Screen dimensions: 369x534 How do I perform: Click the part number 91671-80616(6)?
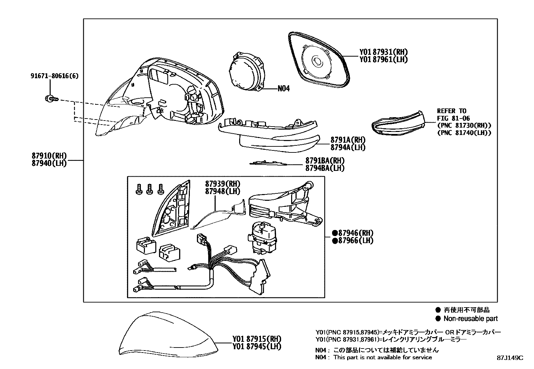(54, 76)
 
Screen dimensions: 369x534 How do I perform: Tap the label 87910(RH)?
(49, 156)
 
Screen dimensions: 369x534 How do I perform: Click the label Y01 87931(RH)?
(383, 52)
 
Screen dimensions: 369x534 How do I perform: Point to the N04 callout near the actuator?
(283, 89)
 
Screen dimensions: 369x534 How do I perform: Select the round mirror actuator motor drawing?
(246, 72)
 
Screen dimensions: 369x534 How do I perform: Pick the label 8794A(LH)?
(348, 147)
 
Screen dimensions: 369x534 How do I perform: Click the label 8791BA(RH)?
(325, 160)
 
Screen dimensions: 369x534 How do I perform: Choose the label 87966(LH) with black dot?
(353, 240)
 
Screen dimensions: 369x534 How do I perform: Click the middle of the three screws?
(150, 189)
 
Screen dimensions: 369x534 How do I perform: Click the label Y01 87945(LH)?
(257, 347)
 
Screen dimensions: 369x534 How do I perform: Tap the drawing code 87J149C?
(510, 358)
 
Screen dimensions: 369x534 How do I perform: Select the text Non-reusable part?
(470, 319)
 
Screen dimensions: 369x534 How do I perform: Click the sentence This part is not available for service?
(382, 358)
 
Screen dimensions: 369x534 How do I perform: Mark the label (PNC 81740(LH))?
(464, 133)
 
